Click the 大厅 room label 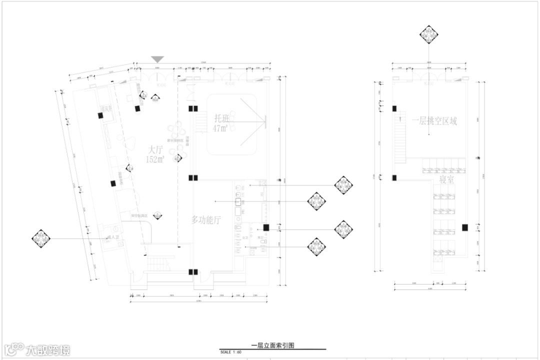click(156, 149)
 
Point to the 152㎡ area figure click(155, 160)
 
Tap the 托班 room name click(223, 118)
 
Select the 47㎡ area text click(220, 129)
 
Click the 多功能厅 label click(206, 219)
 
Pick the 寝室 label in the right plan click(446, 179)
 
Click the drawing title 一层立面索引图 click(272, 345)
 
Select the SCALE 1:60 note click(231, 352)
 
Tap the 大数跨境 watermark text click(48, 349)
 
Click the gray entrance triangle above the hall click(157, 59)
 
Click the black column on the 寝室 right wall click(464, 227)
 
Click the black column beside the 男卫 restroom click(266, 227)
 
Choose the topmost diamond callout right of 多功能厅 click(343, 185)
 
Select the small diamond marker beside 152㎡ click(177, 159)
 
